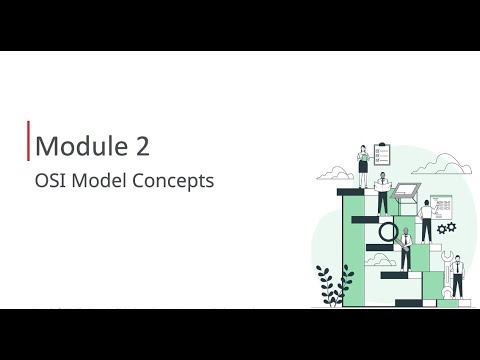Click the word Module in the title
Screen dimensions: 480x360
click(81, 146)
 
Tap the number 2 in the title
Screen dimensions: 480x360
click(143, 146)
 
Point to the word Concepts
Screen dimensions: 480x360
click(173, 181)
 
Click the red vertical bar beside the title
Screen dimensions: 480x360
click(28, 141)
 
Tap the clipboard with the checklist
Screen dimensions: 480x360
click(382, 154)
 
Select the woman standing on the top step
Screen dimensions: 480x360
click(363, 166)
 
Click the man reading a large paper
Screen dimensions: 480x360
click(383, 193)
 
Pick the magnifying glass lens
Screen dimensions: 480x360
click(389, 232)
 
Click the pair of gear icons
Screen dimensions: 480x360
click(447, 228)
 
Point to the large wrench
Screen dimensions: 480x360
click(447, 274)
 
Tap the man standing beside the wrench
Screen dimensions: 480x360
click(457, 277)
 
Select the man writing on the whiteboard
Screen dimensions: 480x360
click(427, 221)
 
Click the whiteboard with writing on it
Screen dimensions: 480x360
click(441, 207)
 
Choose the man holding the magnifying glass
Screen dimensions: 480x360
click(405, 249)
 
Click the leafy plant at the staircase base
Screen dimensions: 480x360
click(334, 285)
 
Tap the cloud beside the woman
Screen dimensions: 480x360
click(335, 173)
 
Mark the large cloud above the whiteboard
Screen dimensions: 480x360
click(442, 164)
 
